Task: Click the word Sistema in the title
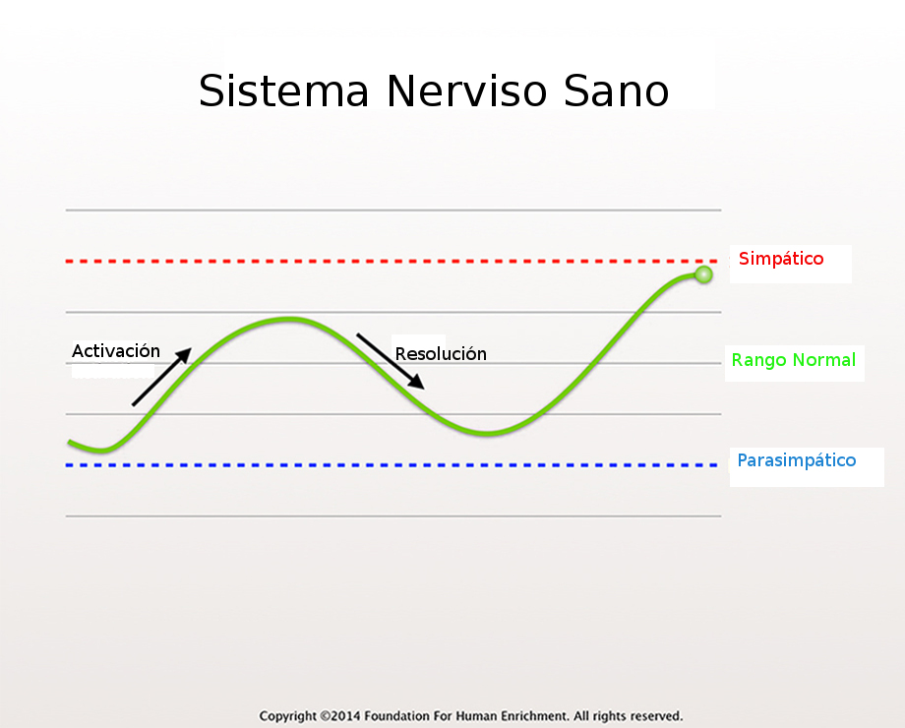[x=283, y=91]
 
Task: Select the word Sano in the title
[x=616, y=91]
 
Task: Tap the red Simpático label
[x=781, y=259]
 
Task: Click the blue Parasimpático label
[x=797, y=460]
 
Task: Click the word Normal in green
[x=824, y=360]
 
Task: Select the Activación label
[x=116, y=350]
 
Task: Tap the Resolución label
[x=441, y=353]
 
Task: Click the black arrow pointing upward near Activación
[x=161, y=377]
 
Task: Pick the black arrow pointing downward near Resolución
[x=391, y=361]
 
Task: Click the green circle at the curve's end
[x=703, y=274]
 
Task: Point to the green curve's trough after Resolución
[x=488, y=433]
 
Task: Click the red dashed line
[x=392, y=262]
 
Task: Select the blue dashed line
[x=392, y=464]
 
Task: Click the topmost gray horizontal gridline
[x=393, y=211]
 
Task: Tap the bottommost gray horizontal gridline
[x=393, y=516]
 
